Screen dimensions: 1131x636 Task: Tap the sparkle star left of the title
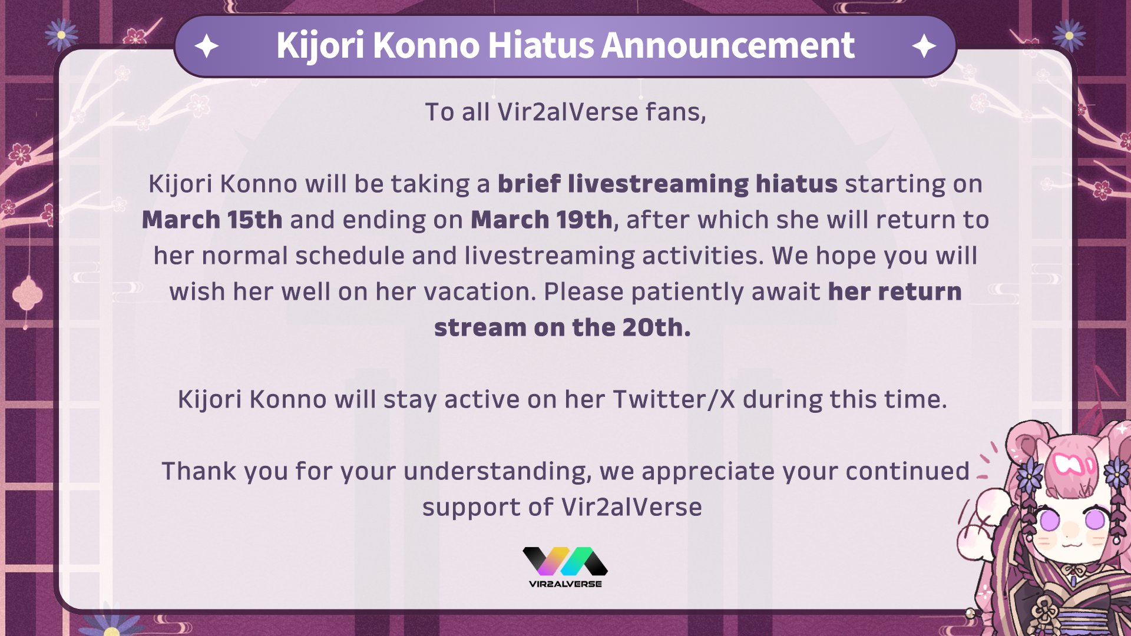pos(206,46)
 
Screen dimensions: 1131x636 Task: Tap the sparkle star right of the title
pos(924,46)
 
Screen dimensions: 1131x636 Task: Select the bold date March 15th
pos(212,220)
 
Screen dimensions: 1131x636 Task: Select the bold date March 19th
pos(541,220)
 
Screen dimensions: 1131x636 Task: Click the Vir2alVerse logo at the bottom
pos(565,567)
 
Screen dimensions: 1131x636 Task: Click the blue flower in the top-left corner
pos(61,34)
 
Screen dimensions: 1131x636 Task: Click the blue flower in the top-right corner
pos(1069,35)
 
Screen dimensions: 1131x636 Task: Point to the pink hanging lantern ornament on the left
pos(27,294)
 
